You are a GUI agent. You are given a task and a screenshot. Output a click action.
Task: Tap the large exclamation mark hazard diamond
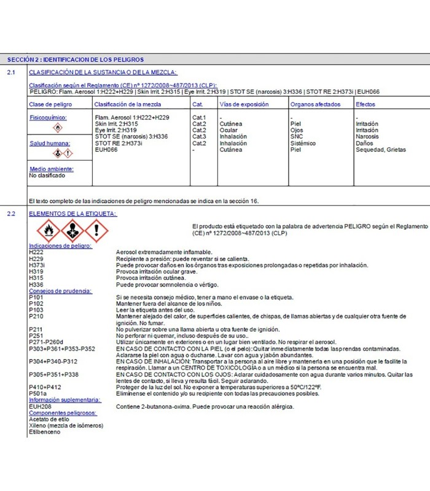tap(96, 231)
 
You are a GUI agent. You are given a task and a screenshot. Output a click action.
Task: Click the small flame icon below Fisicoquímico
tap(58, 128)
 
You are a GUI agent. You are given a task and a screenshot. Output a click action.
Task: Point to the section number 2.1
tap(11, 73)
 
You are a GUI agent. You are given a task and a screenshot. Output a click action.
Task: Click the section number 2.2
tap(11, 214)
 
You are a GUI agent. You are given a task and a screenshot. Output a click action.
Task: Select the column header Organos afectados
tap(315, 104)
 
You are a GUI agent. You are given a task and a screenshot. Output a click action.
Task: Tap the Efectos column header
tap(365, 104)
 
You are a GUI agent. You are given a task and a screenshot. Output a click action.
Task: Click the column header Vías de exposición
tap(244, 104)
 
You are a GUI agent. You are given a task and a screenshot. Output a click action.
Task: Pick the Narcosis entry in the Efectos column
tap(367, 136)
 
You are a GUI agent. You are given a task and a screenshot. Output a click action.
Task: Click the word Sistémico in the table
tap(303, 143)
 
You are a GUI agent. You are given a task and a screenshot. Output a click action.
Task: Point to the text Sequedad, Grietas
tap(381, 149)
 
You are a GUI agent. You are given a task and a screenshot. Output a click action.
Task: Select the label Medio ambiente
tap(52, 168)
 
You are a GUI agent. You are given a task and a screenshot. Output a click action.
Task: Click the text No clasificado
tap(47, 175)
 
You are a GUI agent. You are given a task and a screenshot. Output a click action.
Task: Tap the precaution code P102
tap(36, 303)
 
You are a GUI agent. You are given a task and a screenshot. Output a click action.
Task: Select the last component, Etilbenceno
tap(45, 432)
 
